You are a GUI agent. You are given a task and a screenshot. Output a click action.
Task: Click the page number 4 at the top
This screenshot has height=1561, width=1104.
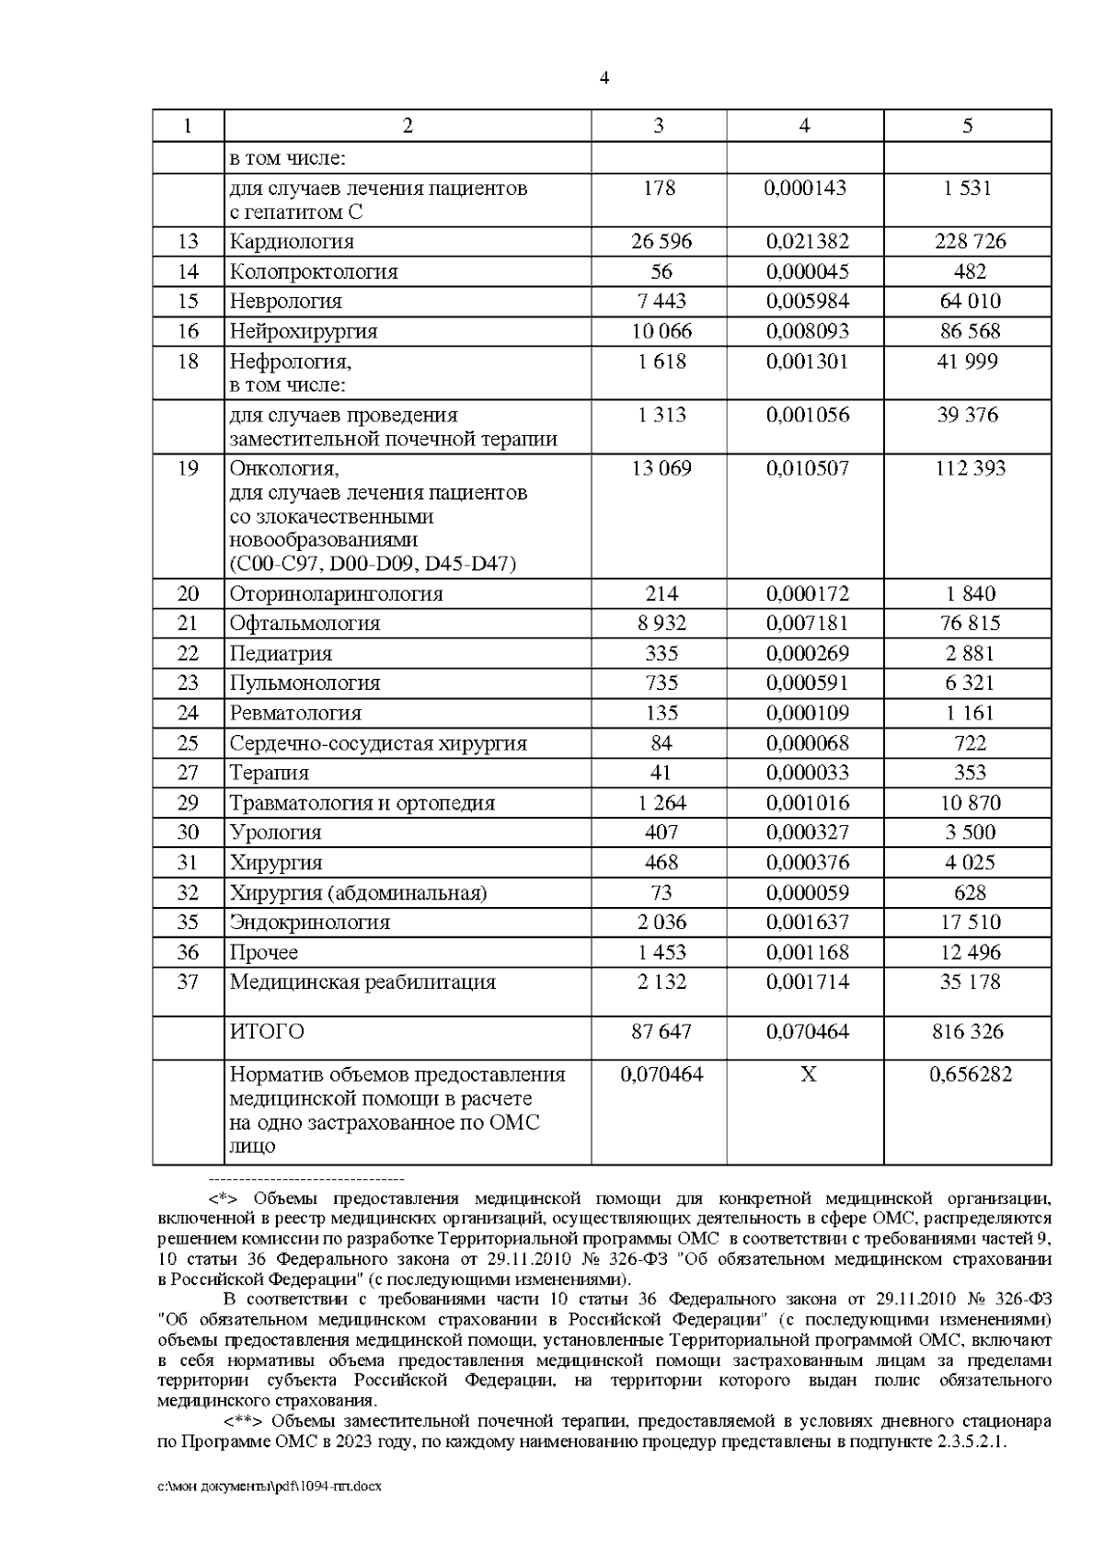coord(604,78)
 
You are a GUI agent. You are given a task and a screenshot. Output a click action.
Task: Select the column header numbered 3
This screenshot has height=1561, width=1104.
coord(658,126)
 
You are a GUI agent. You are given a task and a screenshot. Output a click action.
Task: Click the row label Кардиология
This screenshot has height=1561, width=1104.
coord(292,242)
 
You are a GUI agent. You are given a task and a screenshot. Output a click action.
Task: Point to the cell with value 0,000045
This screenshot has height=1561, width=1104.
coord(807,272)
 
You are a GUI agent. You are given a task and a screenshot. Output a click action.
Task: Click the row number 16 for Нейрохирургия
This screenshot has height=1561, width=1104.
coord(188,331)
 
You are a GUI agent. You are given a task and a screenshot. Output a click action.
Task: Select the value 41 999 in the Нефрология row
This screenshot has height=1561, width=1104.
coord(968,362)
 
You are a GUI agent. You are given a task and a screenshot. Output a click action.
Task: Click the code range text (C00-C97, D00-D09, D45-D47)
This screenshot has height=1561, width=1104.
coord(373,564)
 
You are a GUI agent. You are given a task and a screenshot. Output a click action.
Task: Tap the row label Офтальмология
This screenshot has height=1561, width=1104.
coord(305,624)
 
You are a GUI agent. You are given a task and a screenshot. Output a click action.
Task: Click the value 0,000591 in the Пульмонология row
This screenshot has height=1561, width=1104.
coord(807,683)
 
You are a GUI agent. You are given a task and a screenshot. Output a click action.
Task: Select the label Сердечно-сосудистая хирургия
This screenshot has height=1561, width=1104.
coord(378,743)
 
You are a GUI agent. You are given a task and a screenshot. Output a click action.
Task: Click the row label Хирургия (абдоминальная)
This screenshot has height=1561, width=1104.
coord(358,893)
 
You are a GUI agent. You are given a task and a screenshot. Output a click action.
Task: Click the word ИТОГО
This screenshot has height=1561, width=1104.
coord(267,1032)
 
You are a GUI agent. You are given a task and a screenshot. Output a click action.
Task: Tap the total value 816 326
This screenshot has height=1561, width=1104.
coord(968,1032)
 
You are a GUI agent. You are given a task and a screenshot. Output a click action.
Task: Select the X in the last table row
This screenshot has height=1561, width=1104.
coord(807,1075)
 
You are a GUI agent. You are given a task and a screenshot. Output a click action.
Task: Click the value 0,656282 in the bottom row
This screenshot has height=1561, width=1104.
coord(968,1075)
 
